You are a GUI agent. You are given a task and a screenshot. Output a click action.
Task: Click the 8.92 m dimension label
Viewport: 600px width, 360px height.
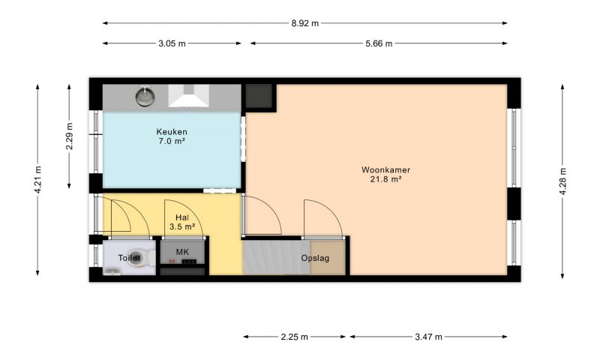tap(305, 23)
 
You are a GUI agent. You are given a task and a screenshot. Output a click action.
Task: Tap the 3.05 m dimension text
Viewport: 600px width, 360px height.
tap(172, 43)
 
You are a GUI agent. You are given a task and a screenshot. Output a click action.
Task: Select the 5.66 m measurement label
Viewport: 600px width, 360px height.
tap(379, 43)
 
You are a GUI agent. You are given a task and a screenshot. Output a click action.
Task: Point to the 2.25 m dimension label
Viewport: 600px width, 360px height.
tap(294, 337)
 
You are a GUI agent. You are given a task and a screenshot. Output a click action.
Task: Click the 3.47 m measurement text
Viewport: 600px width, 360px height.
tap(428, 337)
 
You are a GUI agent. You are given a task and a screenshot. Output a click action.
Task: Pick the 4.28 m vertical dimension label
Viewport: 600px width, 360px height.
tap(562, 181)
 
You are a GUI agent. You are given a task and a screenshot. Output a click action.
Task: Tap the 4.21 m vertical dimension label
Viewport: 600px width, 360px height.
tap(38, 179)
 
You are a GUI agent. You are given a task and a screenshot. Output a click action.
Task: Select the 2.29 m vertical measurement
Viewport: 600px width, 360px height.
tap(69, 136)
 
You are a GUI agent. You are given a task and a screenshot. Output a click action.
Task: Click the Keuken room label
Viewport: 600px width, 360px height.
tap(172, 132)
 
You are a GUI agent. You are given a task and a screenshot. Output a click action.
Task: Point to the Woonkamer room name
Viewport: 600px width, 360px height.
tap(385, 169)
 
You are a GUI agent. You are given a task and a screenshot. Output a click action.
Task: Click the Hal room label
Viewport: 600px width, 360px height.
tap(182, 217)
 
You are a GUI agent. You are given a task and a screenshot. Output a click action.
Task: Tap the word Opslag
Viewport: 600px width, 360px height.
tap(315, 258)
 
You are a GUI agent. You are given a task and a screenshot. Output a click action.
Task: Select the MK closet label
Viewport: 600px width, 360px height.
tap(182, 252)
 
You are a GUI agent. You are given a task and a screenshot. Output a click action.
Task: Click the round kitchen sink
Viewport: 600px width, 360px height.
tap(145, 97)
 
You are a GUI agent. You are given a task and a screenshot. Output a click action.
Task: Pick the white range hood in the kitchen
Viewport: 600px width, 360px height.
tap(189, 96)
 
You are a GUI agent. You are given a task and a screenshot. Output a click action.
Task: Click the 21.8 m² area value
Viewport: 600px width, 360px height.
tap(385, 179)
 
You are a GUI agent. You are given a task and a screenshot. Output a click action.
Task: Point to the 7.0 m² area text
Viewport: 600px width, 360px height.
tap(172, 141)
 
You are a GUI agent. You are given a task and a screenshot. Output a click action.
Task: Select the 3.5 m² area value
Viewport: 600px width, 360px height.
tap(182, 226)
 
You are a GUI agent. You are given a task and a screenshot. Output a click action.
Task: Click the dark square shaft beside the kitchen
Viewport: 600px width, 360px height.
tap(259, 96)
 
